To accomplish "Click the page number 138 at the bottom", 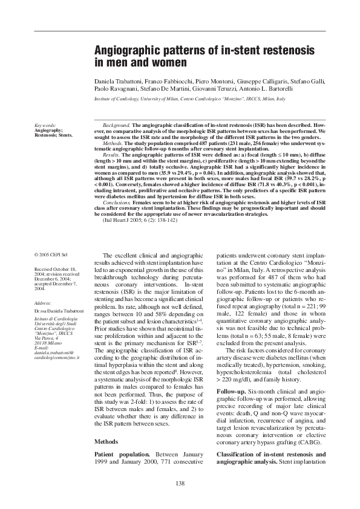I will tap(180, 482).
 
